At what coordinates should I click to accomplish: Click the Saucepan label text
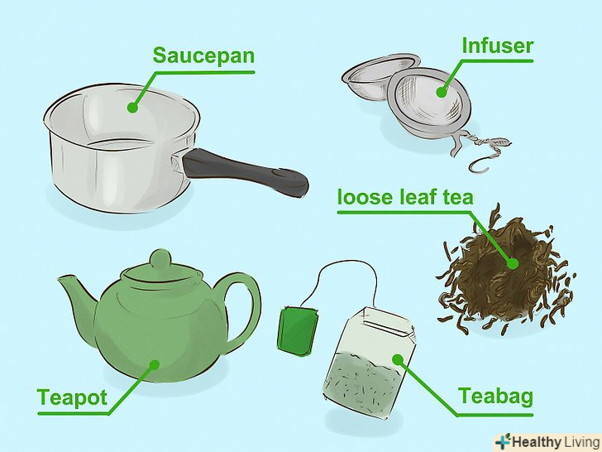point(203,56)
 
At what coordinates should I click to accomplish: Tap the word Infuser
point(498,46)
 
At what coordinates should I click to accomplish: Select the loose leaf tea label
point(405,197)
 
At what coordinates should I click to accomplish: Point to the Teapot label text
point(72,398)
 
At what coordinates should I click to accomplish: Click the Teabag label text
point(495,397)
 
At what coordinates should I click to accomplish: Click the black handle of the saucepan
point(245,172)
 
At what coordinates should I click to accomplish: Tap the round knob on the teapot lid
point(160,259)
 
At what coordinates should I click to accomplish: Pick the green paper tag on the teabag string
point(299,329)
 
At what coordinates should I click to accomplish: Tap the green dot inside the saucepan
point(132,108)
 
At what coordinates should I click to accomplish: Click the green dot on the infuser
point(442,92)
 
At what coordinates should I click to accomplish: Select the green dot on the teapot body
point(155,365)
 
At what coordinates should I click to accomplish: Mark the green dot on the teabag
point(398,360)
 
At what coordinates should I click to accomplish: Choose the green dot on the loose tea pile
point(513,263)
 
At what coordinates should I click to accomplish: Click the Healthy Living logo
point(547,441)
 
